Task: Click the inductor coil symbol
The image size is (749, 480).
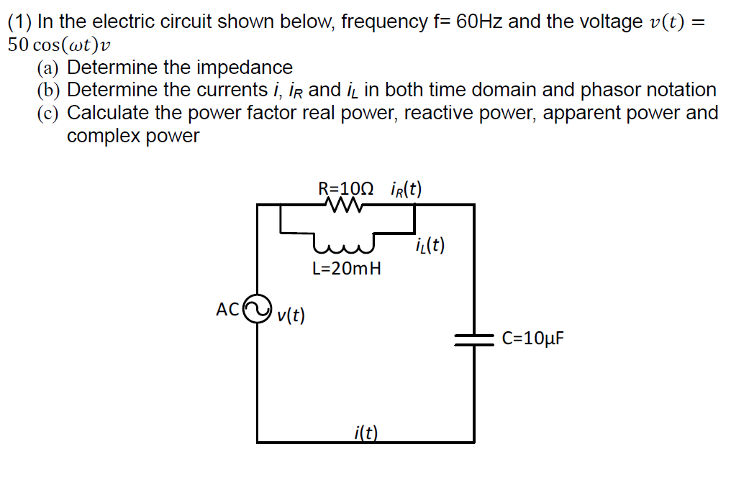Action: [x=346, y=246]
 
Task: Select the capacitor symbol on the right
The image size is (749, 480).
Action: [x=473, y=338]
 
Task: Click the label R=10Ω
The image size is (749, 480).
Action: [x=346, y=189]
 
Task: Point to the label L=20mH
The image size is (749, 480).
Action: [x=347, y=269]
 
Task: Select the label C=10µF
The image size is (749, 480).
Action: [x=533, y=338]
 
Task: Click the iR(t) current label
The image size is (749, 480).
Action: [x=405, y=189]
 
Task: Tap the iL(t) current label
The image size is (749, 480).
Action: [x=430, y=246]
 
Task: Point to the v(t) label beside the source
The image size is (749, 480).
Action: [x=291, y=315]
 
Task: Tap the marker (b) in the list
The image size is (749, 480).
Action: [x=48, y=91]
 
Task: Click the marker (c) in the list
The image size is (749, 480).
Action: [x=48, y=114]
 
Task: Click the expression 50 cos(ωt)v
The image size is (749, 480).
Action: [x=60, y=45]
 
